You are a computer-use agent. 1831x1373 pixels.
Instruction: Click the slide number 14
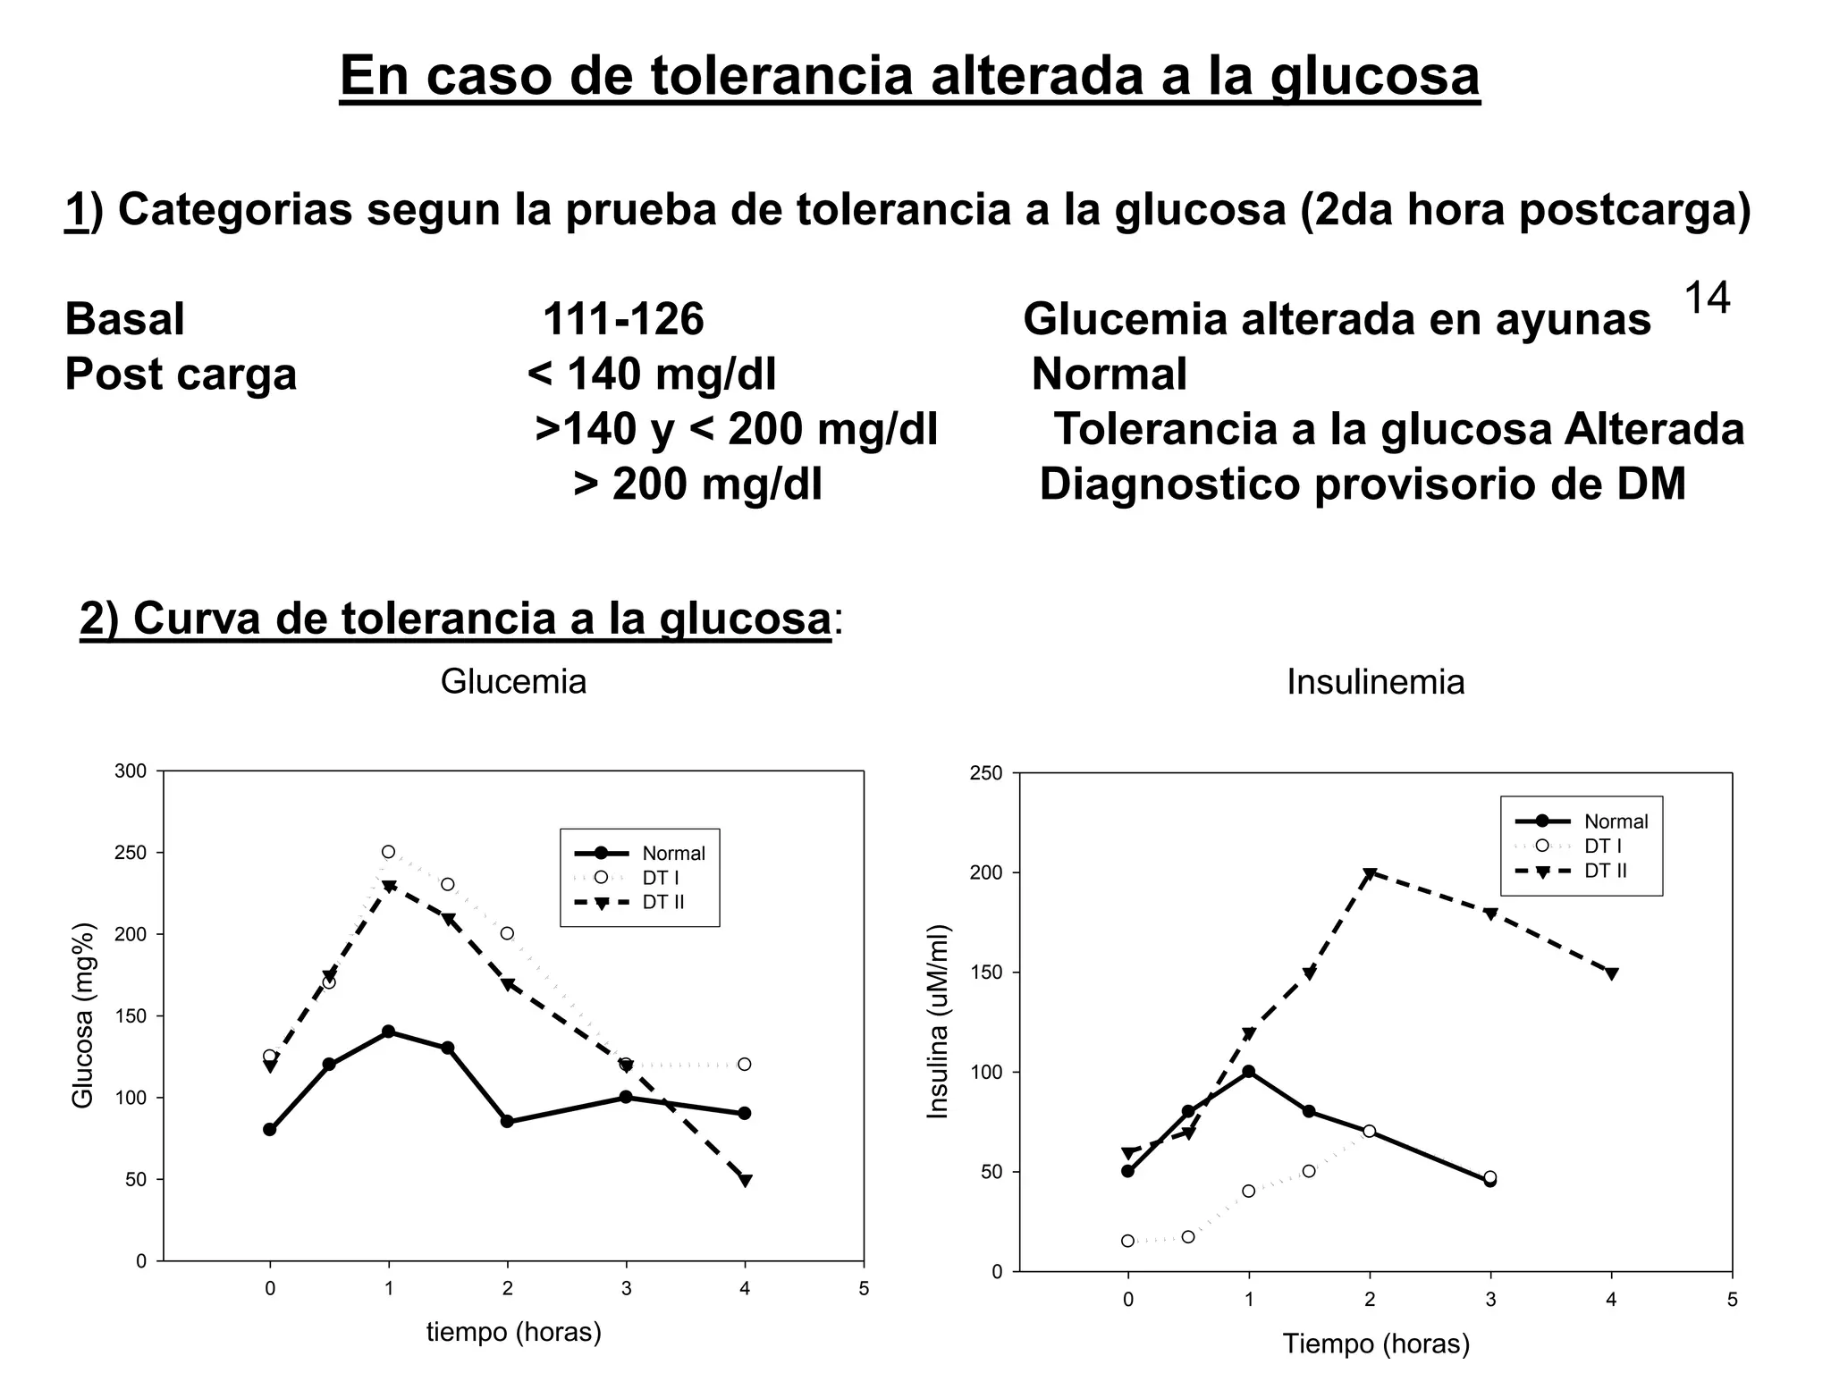pyautogui.click(x=1706, y=298)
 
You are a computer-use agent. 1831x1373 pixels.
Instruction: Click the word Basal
pyautogui.click(x=125, y=319)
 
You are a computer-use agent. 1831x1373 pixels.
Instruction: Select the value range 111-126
pyautogui.click(x=623, y=319)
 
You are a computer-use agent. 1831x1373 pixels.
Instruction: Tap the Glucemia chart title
pyautogui.click(x=513, y=682)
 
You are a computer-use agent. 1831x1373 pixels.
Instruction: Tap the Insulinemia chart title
pyautogui.click(x=1375, y=682)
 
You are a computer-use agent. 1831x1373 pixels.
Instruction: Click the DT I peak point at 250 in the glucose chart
pyautogui.click(x=388, y=852)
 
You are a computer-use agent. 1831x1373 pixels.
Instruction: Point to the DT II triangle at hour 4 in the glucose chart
pyautogui.click(x=745, y=1181)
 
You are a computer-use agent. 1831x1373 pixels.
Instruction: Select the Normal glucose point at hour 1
pyautogui.click(x=388, y=1032)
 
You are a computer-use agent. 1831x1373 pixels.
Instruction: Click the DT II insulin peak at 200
pyautogui.click(x=1370, y=873)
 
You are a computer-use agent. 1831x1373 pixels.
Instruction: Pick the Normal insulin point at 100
pyautogui.click(x=1249, y=1072)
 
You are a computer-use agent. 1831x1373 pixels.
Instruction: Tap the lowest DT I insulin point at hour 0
pyautogui.click(x=1127, y=1241)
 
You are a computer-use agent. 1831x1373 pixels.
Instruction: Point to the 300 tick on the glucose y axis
pyautogui.click(x=131, y=771)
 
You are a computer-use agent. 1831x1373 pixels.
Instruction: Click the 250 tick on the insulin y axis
pyautogui.click(x=986, y=773)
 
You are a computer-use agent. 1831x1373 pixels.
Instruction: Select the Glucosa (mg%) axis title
pyautogui.click(x=83, y=1015)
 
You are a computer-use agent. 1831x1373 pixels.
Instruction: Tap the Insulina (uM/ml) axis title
pyautogui.click(x=938, y=1022)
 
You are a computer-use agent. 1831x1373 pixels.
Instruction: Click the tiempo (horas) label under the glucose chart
pyautogui.click(x=513, y=1332)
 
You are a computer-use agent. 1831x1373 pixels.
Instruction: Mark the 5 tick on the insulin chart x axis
pyautogui.click(x=1732, y=1300)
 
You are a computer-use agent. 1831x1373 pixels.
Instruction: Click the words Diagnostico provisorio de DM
pyautogui.click(x=1363, y=484)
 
